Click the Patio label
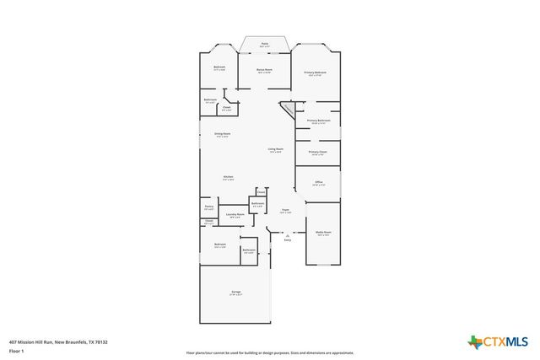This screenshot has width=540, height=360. coord(264,43)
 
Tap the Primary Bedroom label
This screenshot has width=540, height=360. coord(316,73)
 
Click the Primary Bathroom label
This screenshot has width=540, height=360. coord(318,121)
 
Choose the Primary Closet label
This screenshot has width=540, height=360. coord(318,153)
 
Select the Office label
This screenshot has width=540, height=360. coord(319,182)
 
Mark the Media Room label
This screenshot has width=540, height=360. coord(323,233)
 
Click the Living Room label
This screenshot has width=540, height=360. coord(276,150)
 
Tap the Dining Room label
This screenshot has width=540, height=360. coord(223,134)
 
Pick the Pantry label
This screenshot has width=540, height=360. coord(208,207)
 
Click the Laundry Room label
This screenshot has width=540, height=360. coord(235,215)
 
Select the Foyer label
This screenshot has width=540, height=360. coord(286,211)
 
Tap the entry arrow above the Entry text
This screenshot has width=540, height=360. coord(287,234)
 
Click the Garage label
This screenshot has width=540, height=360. coord(236,293)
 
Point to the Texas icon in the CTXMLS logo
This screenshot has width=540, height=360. coord(474,341)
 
